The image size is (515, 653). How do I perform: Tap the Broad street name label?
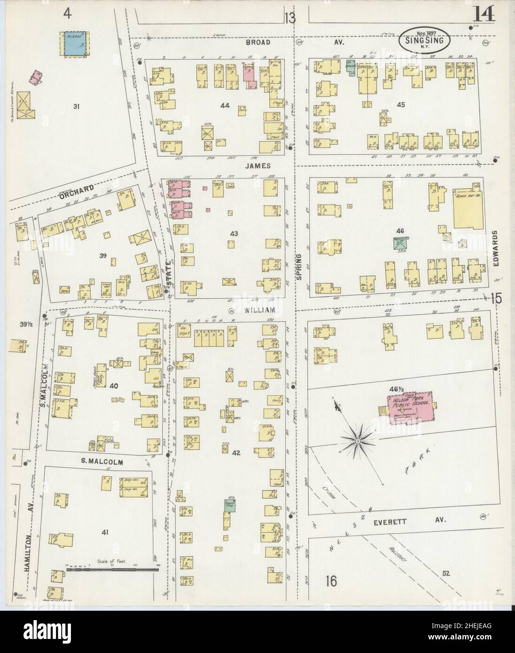(x=258, y=42)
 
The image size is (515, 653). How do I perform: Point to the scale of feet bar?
(x=109, y=569)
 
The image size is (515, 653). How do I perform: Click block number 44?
(x=225, y=106)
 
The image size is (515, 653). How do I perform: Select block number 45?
(x=400, y=104)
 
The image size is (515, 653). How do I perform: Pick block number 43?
(x=234, y=233)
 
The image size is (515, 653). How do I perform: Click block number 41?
(x=104, y=532)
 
